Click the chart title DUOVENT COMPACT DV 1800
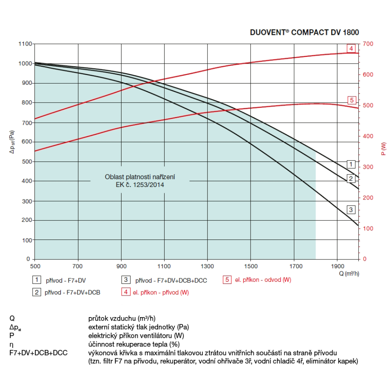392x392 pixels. (x=304, y=33)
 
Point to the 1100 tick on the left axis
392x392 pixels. (x=25, y=44)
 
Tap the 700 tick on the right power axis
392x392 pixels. (x=370, y=44)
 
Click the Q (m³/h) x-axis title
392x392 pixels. (x=348, y=274)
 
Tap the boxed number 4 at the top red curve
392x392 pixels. (x=351, y=49)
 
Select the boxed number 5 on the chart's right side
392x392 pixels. (x=351, y=100)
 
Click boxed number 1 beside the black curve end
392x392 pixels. (x=351, y=164)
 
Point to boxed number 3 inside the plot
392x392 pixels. (x=351, y=210)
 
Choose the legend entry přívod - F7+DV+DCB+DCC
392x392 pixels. (x=171, y=280)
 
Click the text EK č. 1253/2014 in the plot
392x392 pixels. (x=140, y=185)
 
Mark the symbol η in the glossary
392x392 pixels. (x=12, y=344)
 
